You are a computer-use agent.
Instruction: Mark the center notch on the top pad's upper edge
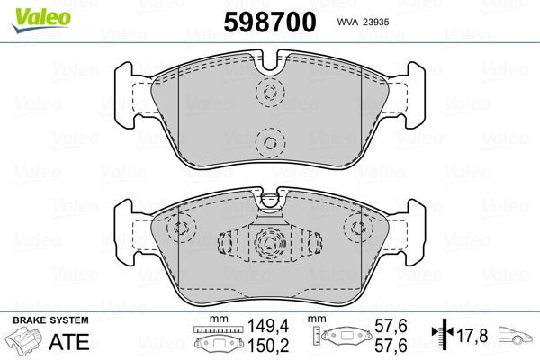[x=269, y=66]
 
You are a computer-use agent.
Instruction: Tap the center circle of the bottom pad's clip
[x=268, y=240]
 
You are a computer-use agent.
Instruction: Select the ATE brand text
[x=73, y=342]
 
